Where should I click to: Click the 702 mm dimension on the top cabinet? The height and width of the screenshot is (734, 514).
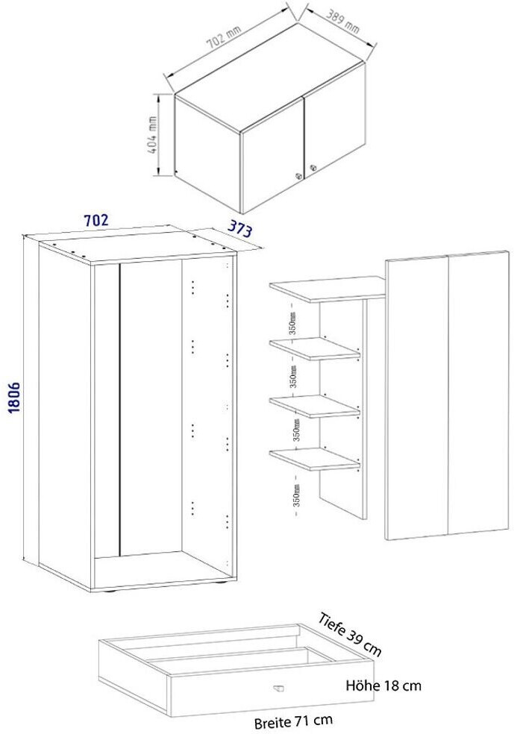pyautogui.click(x=224, y=37)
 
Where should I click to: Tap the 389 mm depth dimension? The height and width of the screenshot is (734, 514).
pyautogui.click(x=343, y=22)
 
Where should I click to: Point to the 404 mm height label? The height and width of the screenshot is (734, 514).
pyautogui.click(x=152, y=134)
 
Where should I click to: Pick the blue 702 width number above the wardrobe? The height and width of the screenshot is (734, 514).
pyautogui.click(x=95, y=219)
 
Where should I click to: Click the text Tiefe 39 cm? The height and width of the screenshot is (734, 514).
pyautogui.click(x=350, y=633)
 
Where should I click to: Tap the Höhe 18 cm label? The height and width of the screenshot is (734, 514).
pyautogui.click(x=383, y=686)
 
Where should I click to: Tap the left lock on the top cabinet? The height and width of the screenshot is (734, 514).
pyautogui.click(x=298, y=177)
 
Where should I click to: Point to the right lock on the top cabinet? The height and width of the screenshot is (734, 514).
pyautogui.click(x=313, y=167)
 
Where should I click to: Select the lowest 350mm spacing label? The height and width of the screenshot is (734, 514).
pyautogui.click(x=296, y=494)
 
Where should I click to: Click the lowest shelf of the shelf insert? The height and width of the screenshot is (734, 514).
pyautogui.click(x=315, y=459)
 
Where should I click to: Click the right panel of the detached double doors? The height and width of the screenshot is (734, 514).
pyautogui.click(x=478, y=392)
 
